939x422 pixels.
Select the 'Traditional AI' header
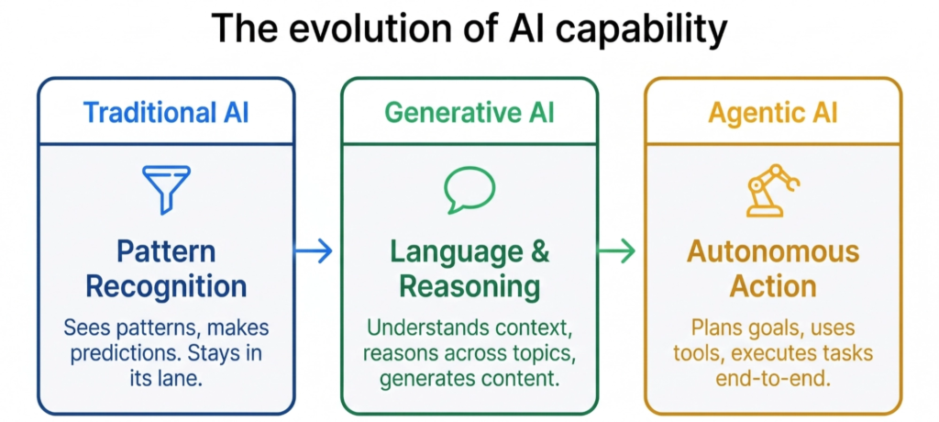point(166,113)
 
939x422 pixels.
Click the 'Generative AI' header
point(469,113)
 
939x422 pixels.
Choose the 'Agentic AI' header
point(773,113)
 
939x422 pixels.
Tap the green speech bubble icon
point(469,188)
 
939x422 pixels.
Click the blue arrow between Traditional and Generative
point(314,250)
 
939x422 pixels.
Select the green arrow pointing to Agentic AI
point(617,250)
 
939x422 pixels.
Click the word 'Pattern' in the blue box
point(166,250)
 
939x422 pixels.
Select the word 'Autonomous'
point(773,250)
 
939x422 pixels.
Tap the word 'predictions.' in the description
point(127,351)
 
